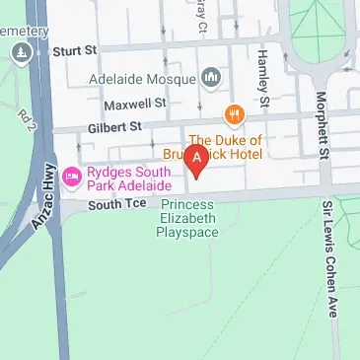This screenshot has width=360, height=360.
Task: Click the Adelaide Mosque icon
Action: pyautogui.click(x=210, y=77)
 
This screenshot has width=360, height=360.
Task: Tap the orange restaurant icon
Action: pyautogui.click(x=234, y=114)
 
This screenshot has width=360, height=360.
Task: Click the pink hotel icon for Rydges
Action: pyautogui.click(x=71, y=178)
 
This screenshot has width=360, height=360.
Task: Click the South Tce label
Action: pyautogui.click(x=116, y=204)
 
